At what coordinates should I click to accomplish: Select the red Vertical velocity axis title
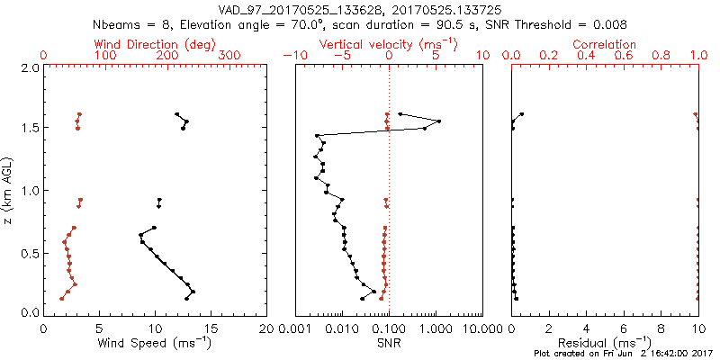click(x=389, y=44)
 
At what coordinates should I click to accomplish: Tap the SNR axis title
click(x=389, y=343)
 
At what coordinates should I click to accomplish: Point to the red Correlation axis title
click(x=605, y=44)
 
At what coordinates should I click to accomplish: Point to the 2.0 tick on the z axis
click(x=29, y=67)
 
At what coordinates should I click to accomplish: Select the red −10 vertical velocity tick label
click(x=293, y=56)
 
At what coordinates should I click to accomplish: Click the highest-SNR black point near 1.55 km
click(x=438, y=121)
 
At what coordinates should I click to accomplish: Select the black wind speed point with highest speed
click(x=193, y=292)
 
